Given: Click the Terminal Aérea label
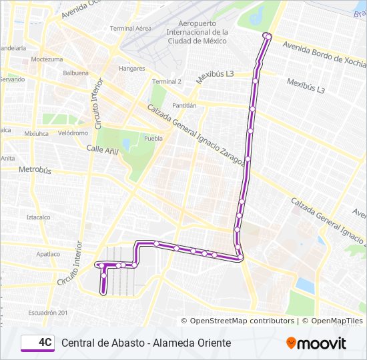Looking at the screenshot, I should [130, 29].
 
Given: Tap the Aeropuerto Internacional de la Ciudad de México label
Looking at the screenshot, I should [197, 32].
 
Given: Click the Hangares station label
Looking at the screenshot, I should [131, 69].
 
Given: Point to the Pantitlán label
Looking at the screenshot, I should [184, 105].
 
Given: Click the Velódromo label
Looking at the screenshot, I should [73, 133].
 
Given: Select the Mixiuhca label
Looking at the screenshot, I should [37, 133].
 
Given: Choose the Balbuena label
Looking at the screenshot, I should [75, 73].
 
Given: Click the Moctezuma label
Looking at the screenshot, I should [46, 59].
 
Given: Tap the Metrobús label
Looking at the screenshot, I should [35, 170].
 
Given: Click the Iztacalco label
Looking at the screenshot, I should [38, 217].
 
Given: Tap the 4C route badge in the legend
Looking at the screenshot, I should [38, 343].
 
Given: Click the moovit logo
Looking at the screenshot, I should [316, 343].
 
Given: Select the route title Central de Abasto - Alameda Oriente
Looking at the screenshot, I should [146, 343].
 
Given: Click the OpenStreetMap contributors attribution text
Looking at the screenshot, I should [242, 321].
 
